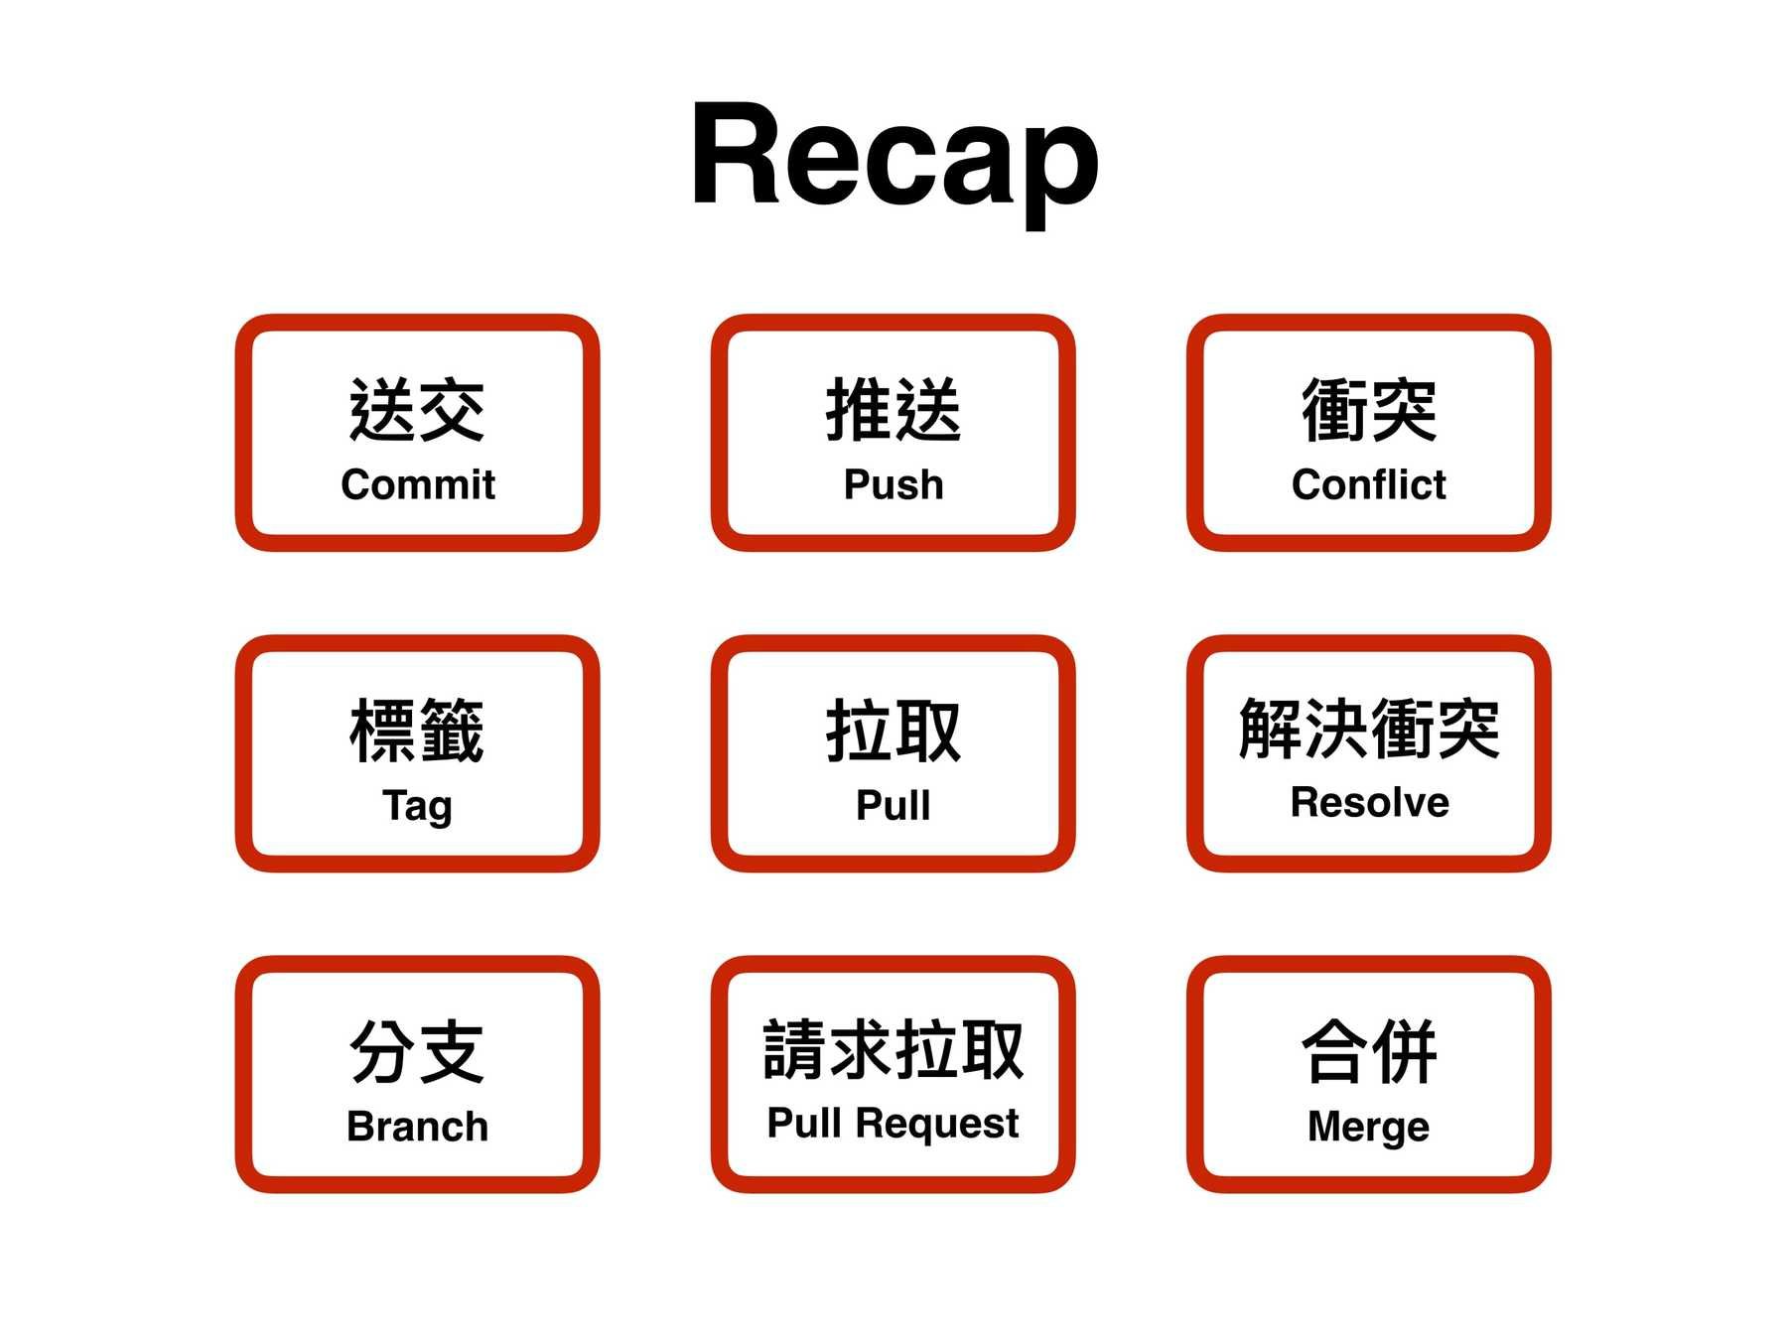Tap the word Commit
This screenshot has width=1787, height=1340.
coord(417,484)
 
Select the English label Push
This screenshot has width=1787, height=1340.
coord(893,484)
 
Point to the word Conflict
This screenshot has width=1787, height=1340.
coord(1368,484)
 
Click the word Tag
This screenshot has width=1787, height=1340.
coord(417,806)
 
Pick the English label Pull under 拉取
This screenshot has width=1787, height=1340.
coord(893,805)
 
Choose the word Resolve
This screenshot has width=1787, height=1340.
coord(1369,802)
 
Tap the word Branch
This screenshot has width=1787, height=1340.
coord(417,1127)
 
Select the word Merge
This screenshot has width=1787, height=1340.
coord(1368,1127)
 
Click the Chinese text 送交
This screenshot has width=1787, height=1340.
coord(417,410)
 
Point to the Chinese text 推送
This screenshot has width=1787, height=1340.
coord(893,410)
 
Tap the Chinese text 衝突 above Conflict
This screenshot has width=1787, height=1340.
coord(1369,410)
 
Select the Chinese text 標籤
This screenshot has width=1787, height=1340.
coord(417,731)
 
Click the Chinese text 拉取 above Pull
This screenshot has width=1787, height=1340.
coord(893,731)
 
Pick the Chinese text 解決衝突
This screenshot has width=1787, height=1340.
coord(1369,729)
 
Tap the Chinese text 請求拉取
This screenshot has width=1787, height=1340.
coord(893,1049)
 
